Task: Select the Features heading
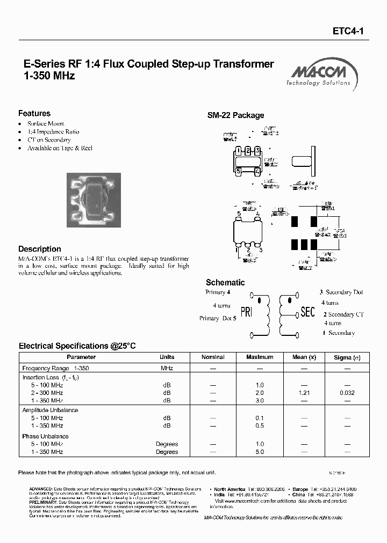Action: pyautogui.click(x=34, y=113)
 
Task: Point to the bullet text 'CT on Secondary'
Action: pyautogui.click(x=49, y=140)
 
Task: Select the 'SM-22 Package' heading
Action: pyautogui.click(x=236, y=115)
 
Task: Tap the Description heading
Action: pyautogui.click(x=40, y=249)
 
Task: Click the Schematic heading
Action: pyautogui.click(x=225, y=282)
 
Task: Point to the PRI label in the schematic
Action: pyautogui.click(x=246, y=312)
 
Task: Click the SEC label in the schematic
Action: pyautogui.click(x=307, y=312)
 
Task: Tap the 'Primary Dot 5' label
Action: pyautogui.click(x=218, y=318)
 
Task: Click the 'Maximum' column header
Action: pyautogui.click(x=260, y=357)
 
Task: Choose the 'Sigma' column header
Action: pyautogui.click(x=343, y=357)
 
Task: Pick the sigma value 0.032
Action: pyautogui.click(x=347, y=393)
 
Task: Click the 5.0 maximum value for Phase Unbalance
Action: pyautogui.click(x=260, y=452)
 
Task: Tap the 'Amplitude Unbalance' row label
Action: pyautogui.click(x=50, y=410)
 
